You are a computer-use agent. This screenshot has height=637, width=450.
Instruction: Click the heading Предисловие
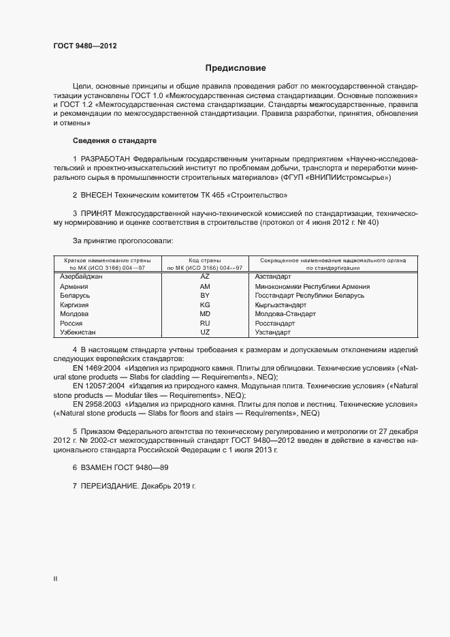236,68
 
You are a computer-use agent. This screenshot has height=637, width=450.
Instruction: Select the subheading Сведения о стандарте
114,140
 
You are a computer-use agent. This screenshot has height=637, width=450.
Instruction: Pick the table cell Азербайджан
81,277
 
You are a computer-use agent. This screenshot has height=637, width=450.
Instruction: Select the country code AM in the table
205,287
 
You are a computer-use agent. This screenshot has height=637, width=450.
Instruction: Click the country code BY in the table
205,296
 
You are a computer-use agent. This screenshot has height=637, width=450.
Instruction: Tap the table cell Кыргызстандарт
282,305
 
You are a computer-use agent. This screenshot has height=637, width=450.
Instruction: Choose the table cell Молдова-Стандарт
285,314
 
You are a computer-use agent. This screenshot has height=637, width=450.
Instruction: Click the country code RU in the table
205,323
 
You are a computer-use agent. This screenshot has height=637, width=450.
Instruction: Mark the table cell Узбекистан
78,332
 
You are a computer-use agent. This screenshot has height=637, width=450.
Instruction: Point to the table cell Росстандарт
274,323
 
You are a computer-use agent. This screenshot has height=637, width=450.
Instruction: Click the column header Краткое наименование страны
108,260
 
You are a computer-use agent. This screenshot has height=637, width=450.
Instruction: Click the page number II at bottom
55,579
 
